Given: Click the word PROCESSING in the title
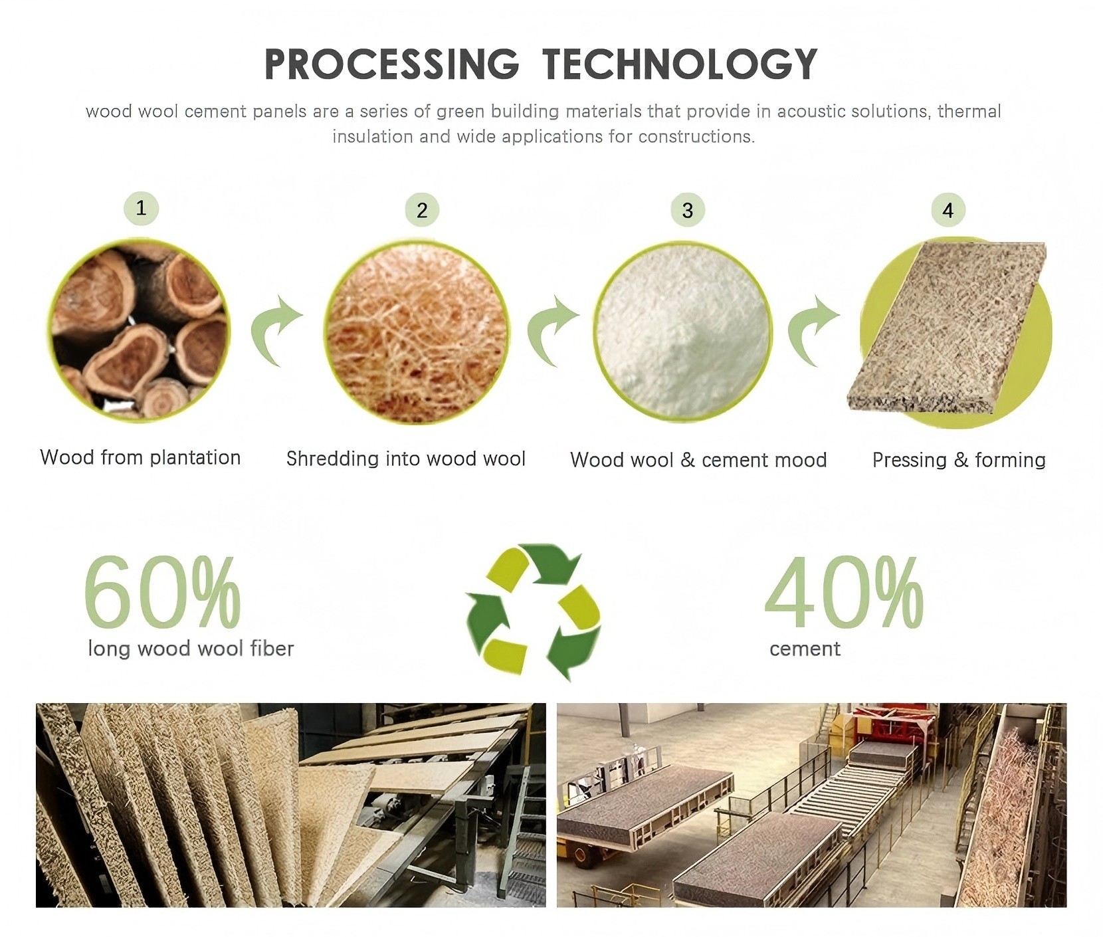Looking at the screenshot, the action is tap(391, 64).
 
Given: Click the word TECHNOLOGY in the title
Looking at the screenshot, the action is tap(680, 64).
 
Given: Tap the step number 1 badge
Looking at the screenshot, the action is tap(141, 208).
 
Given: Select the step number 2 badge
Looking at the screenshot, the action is tap(422, 210).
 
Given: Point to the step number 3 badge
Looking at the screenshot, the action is tap(688, 210).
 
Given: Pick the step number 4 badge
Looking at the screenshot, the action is tap(948, 210).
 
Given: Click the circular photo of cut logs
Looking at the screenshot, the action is tap(139, 330).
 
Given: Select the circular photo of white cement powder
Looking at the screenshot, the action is tap(683, 332).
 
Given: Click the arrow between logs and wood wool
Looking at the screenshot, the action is tap(274, 330).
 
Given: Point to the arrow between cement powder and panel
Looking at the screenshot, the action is tap(812, 330).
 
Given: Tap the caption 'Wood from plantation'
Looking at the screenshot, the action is tap(140, 457).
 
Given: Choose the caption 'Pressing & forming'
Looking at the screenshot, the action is tap(959, 460).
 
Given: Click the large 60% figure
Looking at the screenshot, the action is tap(162, 592).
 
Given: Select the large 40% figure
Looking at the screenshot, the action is tap(844, 592).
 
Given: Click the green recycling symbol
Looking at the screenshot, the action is tap(534, 611).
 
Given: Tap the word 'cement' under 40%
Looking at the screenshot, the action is tap(805, 649).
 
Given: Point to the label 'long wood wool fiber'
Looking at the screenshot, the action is tap(191, 648).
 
